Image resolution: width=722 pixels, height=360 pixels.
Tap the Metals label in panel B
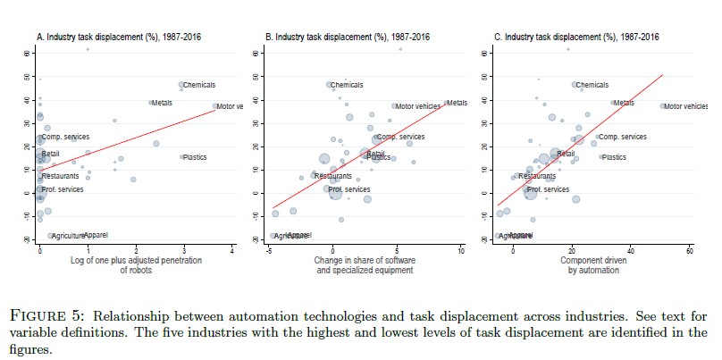pos(457,103)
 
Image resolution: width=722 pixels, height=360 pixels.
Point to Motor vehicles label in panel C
pos(686,106)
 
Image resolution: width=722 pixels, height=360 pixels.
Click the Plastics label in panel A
pos(195,157)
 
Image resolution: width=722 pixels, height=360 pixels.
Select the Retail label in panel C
pos(566,154)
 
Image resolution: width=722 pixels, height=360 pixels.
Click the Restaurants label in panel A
pos(60,176)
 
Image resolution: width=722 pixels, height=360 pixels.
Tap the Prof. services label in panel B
pos(348,189)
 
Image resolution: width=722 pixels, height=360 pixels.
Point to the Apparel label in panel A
pos(96,235)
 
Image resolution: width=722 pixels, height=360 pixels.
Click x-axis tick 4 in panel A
pos(231,251)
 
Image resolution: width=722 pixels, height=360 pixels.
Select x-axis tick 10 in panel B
pos(461,251)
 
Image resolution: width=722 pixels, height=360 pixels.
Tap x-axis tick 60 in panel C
pos(690,251)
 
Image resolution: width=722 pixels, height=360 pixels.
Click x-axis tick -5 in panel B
pos(269,251)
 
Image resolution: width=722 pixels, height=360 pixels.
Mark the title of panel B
pos(348,37)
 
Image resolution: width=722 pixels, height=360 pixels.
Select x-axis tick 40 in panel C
pos(631,251)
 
